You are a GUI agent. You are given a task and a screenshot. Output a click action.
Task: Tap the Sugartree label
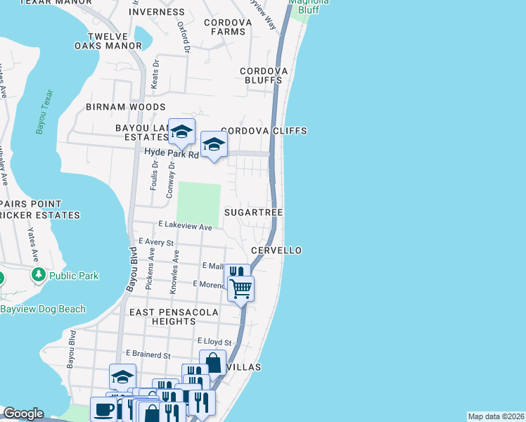tap(253, 212)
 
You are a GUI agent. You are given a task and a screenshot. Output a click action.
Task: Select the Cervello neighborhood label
tap(276, 250)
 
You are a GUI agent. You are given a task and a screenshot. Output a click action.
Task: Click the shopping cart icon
tap(241, 288)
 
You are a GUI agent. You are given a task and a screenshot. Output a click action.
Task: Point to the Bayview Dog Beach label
tap(43, 309)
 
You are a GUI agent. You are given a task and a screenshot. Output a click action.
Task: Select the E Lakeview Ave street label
tap(175, 227)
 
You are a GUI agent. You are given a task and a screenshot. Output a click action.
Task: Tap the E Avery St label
tap(156, 242)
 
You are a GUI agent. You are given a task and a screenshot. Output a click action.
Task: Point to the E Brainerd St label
tap(148, 355)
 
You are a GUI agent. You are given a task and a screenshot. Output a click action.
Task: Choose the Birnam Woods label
tap(125, 107)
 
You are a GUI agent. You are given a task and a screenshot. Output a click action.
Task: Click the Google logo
tap(23, 414)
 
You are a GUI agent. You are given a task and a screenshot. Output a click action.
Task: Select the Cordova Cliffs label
tap(264, 131)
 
